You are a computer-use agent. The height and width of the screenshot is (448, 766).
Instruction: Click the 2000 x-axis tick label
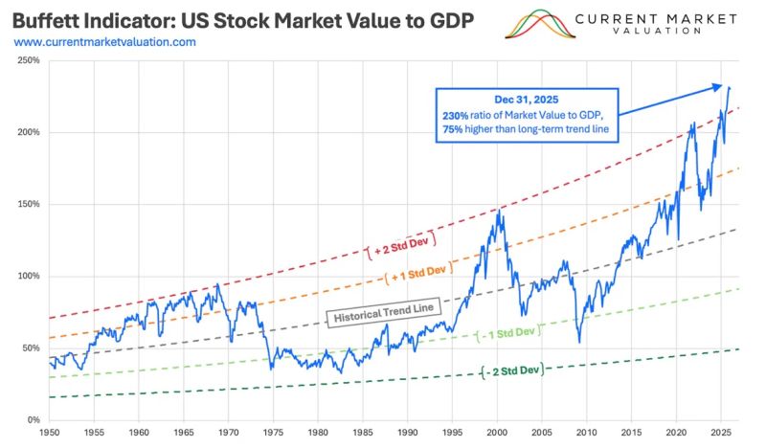point(496,433)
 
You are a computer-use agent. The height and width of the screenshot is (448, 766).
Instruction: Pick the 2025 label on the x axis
point(720,433)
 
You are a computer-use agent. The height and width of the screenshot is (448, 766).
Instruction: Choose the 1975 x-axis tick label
point(272,433)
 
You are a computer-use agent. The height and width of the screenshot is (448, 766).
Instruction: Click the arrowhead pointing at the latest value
point(719,86)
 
